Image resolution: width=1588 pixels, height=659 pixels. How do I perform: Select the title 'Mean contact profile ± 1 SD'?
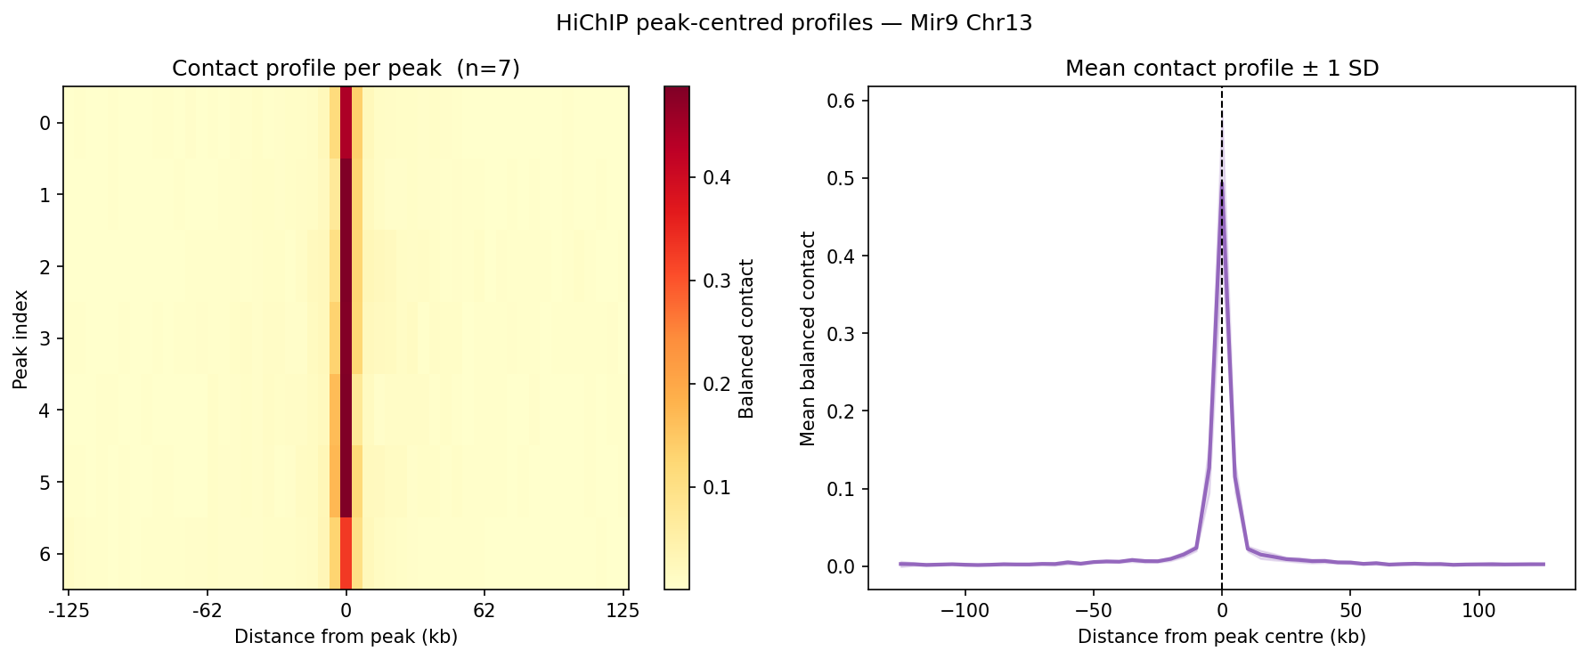[1222, 69]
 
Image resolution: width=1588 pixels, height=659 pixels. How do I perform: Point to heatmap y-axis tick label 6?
[46, 554]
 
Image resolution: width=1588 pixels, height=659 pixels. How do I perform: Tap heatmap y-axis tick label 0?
[46, 123]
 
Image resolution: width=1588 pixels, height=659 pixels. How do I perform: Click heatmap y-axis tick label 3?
[46, 338]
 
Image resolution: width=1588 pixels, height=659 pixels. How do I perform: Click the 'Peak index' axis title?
[20, 338]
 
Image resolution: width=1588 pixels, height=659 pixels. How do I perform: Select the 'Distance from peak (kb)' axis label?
[346, 637]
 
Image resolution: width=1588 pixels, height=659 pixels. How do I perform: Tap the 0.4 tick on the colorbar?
[716, 177]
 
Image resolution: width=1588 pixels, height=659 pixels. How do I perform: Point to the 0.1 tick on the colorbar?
[716, 487]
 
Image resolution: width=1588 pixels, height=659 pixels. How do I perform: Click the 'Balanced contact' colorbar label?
[746, 338]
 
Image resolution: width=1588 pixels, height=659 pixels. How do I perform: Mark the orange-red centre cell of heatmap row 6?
[346, 554]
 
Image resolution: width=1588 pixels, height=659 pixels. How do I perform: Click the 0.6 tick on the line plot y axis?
[842, 101]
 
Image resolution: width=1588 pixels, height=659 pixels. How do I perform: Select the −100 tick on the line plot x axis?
[965, 611]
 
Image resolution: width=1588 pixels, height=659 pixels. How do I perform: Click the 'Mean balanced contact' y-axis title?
[808, 338]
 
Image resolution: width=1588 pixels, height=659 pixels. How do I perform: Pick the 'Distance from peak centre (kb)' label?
[1222, 637]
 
